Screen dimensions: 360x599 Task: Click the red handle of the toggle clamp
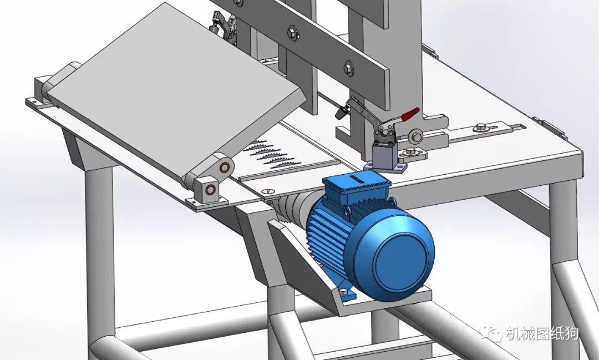[409, 115]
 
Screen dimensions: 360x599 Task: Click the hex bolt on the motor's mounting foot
[343, 292]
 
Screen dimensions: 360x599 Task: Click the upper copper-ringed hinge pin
[225, 166]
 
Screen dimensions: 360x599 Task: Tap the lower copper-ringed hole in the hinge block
[211, 190]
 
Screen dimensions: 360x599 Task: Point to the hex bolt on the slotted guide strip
[480, 127]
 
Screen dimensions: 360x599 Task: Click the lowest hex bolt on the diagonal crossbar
[348, 68]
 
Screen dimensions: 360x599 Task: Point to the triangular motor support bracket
[299, 255]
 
